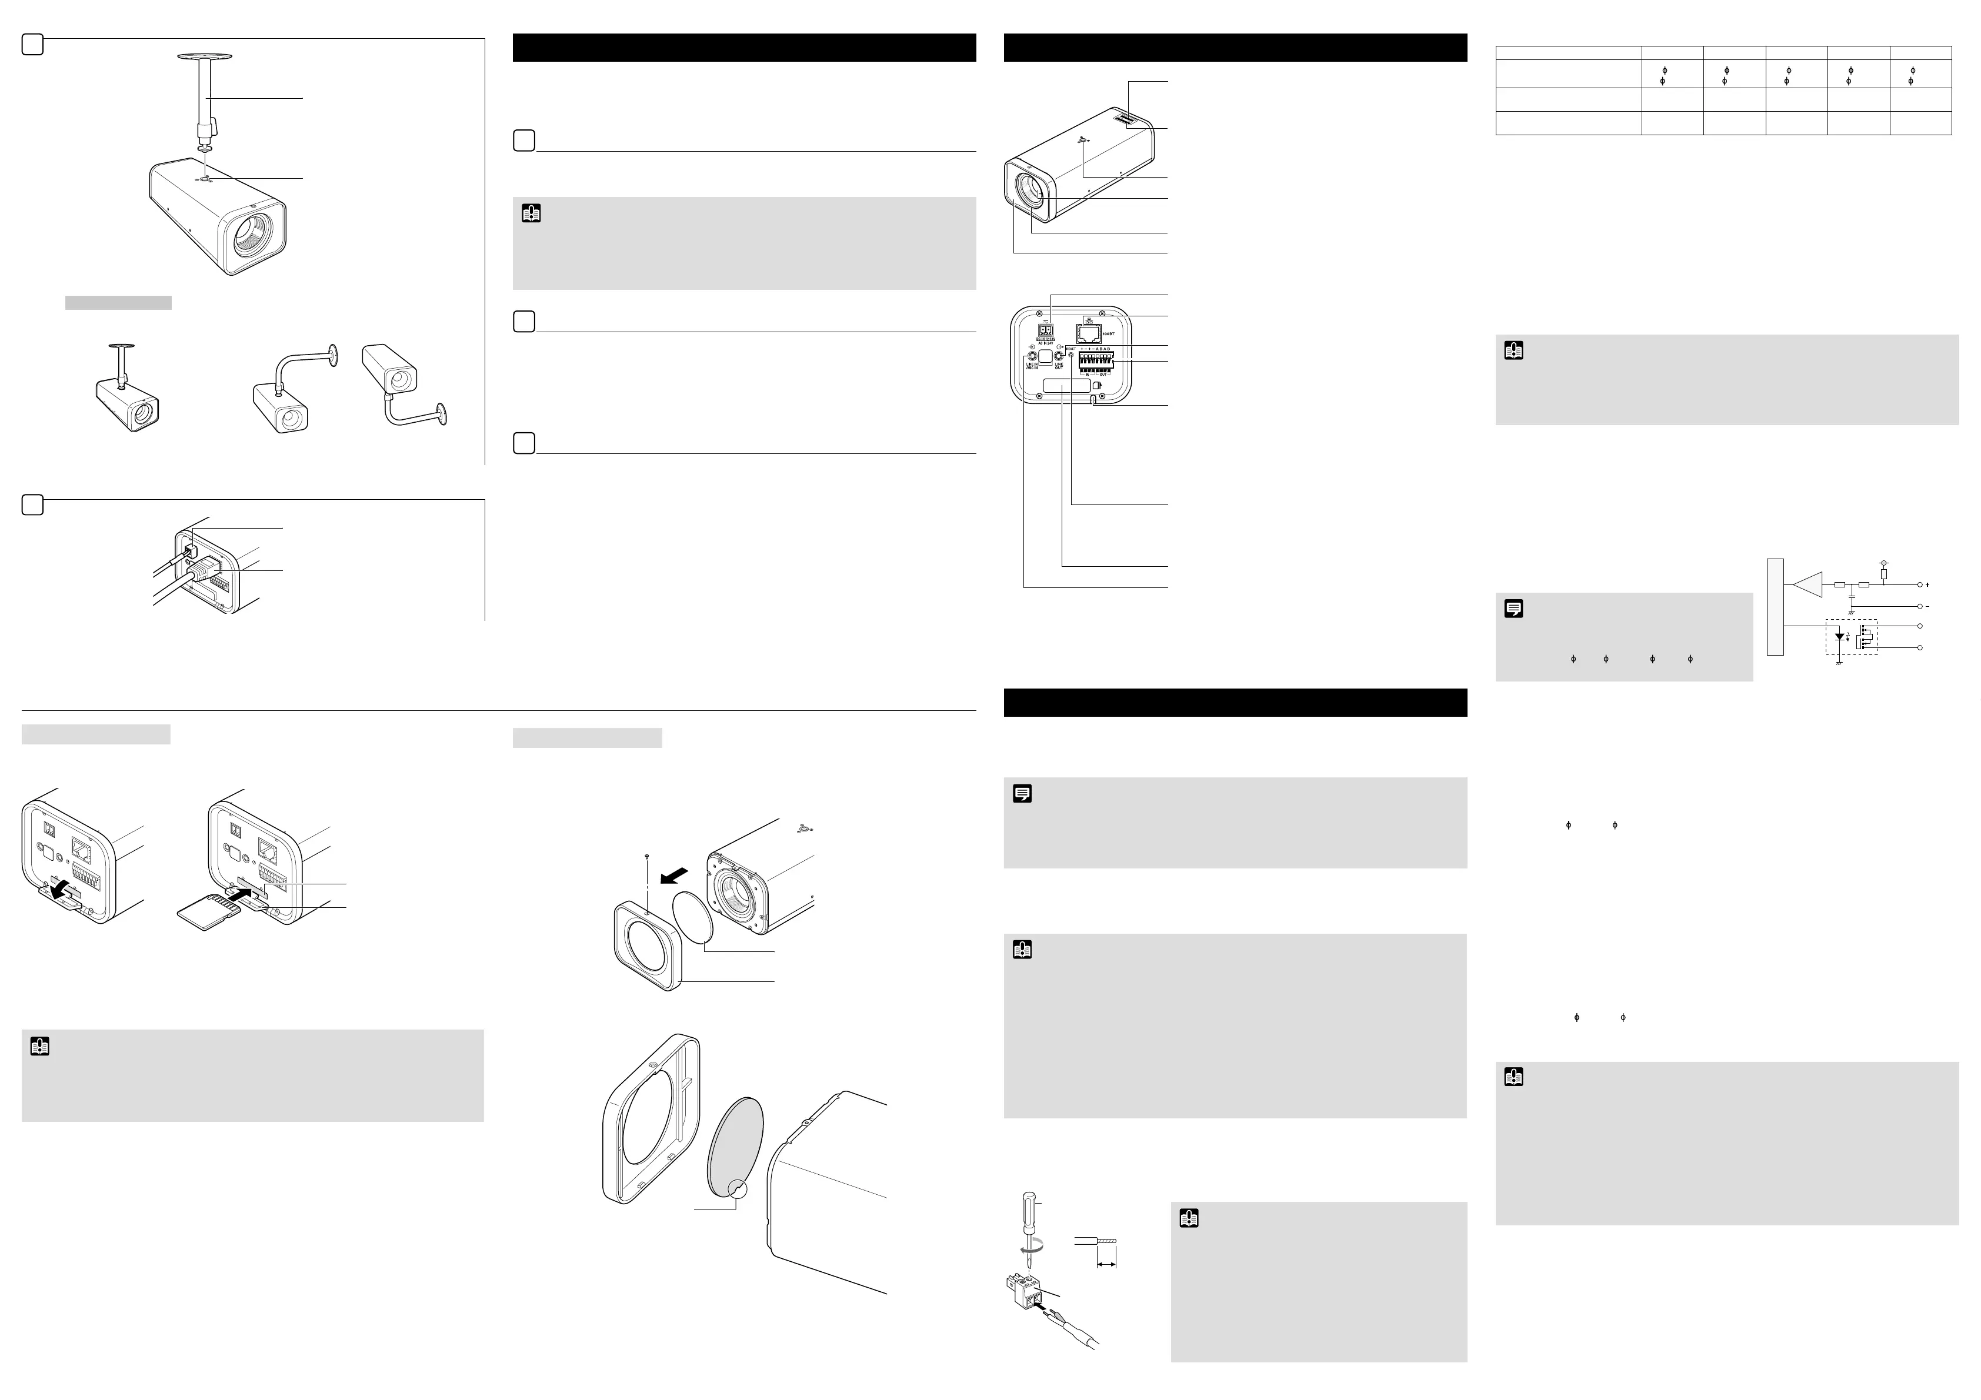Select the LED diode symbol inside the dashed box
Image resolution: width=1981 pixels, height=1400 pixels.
click(1839, 637)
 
